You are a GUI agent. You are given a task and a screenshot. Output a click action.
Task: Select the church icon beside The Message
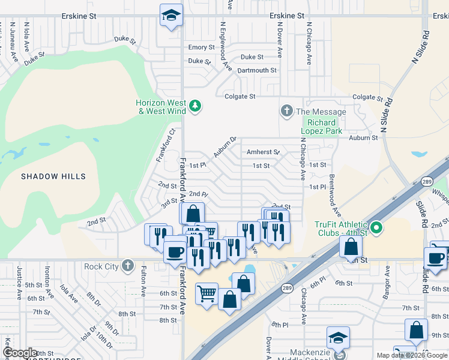286,111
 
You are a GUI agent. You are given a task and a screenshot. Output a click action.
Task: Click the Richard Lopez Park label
321,127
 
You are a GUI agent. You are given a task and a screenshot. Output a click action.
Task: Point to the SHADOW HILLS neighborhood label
53,176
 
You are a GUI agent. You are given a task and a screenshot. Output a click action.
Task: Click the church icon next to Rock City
127,265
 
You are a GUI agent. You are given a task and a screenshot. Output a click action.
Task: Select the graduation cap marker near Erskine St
172,14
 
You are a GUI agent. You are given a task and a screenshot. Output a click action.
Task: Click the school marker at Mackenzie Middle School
339,338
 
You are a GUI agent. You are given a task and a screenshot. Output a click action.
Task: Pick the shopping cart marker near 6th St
206,295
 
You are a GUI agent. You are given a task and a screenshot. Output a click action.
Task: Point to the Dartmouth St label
256,70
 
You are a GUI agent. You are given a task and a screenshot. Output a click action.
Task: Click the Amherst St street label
264,152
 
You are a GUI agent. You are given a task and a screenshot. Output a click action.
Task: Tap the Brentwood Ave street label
334,196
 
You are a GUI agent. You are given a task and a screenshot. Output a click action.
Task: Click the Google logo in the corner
20,353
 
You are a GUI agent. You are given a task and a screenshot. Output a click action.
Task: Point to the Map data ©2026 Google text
412,355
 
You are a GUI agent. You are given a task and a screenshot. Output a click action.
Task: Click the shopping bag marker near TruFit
350,246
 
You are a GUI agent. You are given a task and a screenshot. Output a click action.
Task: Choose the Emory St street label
201,47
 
